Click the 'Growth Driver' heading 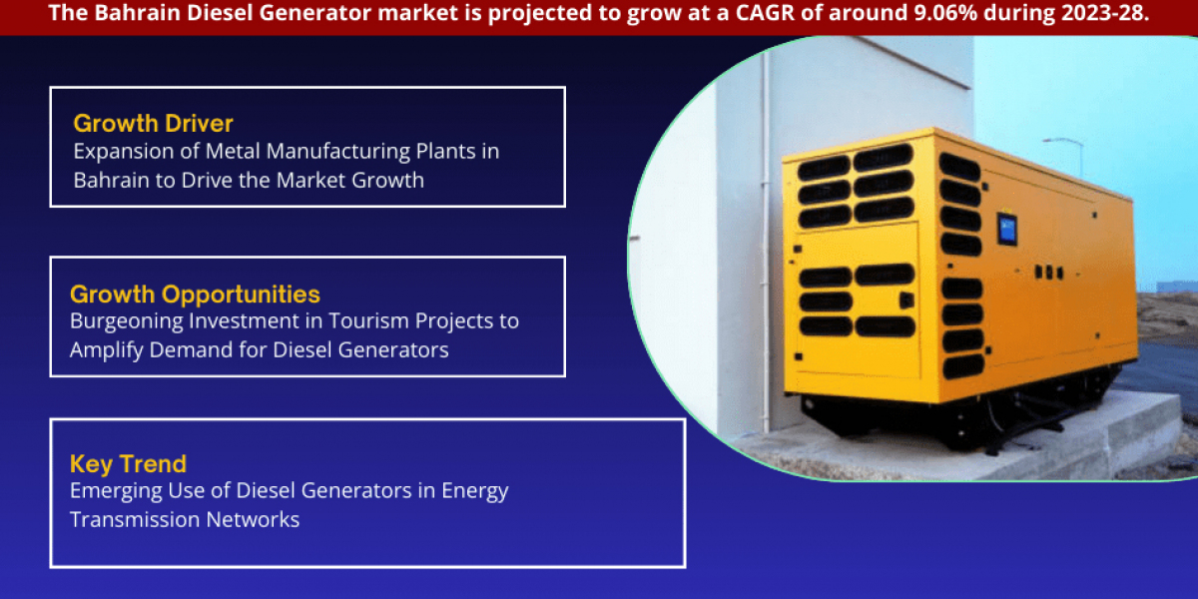coord(153,124)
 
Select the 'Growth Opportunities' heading coord(195,295)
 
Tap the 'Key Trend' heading coord(129,463)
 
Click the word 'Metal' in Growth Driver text coord(234,152)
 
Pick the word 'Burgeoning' coord(126,321)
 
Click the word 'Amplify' coord(107,350)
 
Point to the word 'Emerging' coord(116,491)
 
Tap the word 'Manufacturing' coord(338,153)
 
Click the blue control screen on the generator coord(1006,230)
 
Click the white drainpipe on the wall coord(767,241)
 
